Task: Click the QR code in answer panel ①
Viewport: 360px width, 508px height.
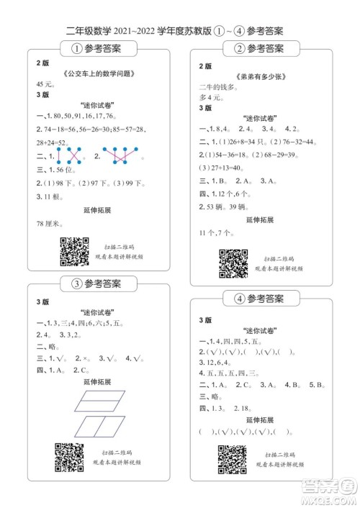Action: [x=73, y=250]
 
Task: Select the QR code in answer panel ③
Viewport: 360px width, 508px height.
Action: [x=69, y=456]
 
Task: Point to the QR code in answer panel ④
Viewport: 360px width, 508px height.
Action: [x=233, y=459]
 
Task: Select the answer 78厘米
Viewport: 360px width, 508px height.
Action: [x=50, y=224]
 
